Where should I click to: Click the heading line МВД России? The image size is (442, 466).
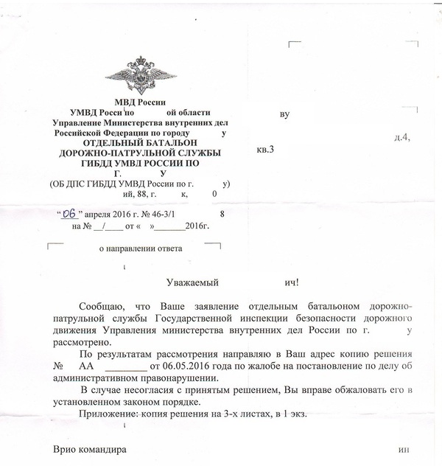pos(141,101)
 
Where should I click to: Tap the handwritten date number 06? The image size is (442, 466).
pos(69,214)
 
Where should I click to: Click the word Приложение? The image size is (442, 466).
pos(109,415)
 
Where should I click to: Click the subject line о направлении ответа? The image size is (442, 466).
pos(141,248)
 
